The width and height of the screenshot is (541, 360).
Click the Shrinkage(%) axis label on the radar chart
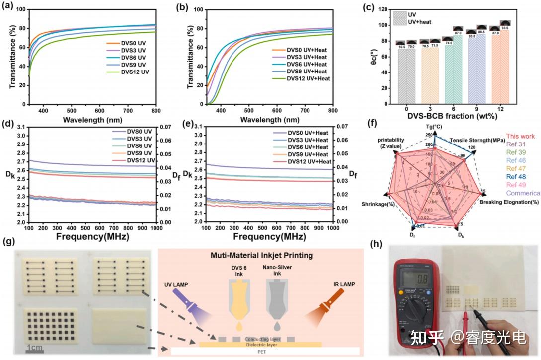pyautogui.click(x=377, y=205)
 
